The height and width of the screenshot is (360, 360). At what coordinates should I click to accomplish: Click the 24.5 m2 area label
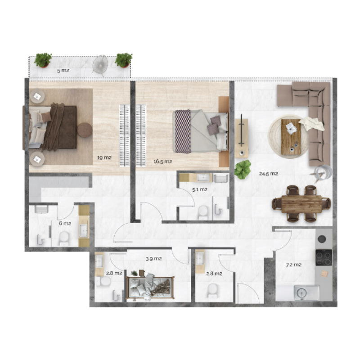point(268,173)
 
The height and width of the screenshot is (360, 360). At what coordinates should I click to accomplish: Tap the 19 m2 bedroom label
point(104,157)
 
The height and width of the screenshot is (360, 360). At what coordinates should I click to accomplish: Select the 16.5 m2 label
point(162,161)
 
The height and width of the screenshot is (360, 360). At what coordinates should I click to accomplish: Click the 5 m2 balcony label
point(63,71)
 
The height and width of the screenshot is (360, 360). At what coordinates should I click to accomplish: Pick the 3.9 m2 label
point(153,259)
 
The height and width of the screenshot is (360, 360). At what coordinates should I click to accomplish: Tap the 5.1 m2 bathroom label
point(200,189)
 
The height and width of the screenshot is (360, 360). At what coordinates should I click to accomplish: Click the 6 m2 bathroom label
point(65,223)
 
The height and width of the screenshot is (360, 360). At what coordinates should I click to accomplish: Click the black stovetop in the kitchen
point(324,257)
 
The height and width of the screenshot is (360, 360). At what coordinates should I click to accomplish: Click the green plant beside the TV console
point(243,169)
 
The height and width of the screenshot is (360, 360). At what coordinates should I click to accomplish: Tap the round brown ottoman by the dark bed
point(84,130)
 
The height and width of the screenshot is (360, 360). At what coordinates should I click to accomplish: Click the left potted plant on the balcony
point(43,59)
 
